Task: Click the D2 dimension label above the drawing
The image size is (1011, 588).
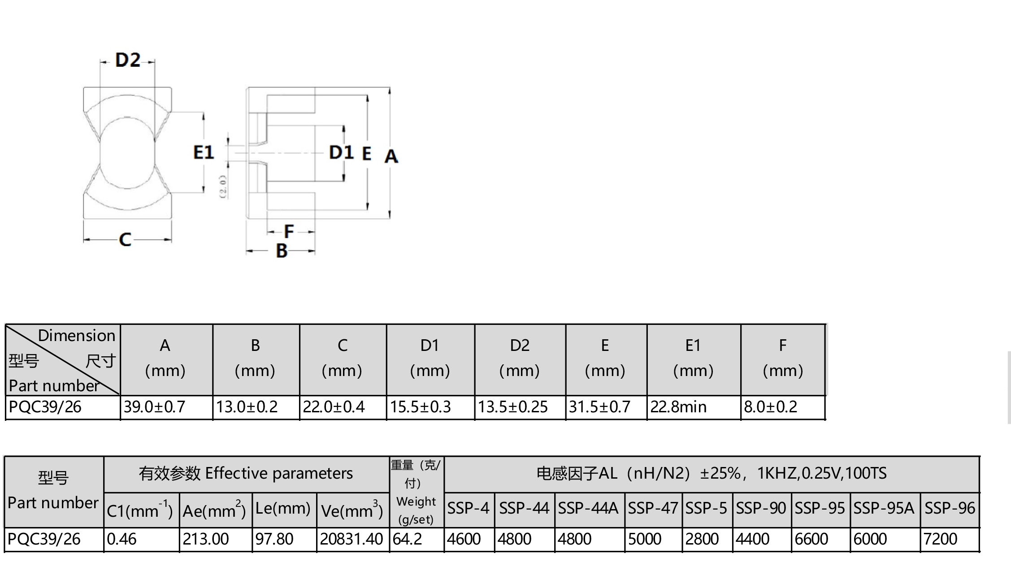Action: [128, 60]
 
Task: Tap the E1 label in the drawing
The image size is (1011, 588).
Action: [204, 152]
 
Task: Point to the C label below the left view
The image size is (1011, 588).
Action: [125, 240]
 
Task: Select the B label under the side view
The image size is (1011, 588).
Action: [282, 251]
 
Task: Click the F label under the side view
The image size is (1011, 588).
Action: [289, 232]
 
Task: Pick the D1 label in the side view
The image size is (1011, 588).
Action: [341, 152]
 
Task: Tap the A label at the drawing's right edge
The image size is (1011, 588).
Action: [391, 156]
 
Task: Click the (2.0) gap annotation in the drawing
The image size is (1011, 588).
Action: [223, 186]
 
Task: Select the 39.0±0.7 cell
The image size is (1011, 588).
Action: [154, 407]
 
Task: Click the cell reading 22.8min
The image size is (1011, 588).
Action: [678, 407]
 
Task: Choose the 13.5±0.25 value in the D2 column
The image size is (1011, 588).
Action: [512, 407]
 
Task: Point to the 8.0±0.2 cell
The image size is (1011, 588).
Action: [770, 407]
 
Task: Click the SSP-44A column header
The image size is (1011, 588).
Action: [588, 508]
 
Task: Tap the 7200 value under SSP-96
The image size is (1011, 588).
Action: [940, 539]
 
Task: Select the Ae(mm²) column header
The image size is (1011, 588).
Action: [214, 510]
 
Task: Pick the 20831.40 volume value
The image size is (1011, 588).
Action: [351, 539]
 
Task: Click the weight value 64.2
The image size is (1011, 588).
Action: [407, 539]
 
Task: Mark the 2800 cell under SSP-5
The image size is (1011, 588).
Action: [702, 539]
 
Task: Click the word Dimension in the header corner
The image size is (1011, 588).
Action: [77, 336]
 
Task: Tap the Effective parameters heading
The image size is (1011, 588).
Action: [279, 474]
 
